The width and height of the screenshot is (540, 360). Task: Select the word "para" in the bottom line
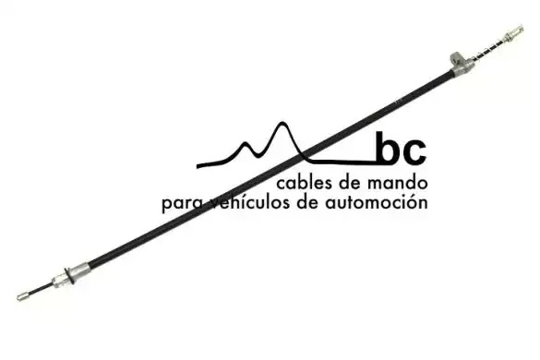click(x=182, y=203)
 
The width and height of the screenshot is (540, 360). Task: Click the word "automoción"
click(x=377, y=202)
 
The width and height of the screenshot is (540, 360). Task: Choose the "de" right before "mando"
click(x=351, y=183)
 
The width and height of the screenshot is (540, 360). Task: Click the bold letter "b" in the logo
click(x=388, y=147)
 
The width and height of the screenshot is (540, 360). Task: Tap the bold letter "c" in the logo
click(x=414, y=151)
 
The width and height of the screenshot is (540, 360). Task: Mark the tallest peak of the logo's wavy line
click(x=282, y=124)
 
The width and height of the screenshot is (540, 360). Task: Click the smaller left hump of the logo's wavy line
click(x=245, y=144)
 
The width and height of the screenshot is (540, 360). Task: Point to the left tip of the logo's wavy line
click(x=198, y=166)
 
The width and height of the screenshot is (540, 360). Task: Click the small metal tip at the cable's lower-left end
click(x=22, y=296)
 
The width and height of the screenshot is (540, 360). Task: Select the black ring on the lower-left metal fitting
click(x=69, y=276)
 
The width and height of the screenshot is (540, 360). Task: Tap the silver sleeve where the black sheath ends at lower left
click(x=80, y=270)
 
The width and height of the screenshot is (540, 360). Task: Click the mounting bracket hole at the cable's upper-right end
click(x=458, y=59)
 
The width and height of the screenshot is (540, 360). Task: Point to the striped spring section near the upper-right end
click(x=489, y=49)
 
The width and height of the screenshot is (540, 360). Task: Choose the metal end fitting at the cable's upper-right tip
click(x=514, y=32)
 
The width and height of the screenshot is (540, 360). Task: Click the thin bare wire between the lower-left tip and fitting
click(x=41, y=289)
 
